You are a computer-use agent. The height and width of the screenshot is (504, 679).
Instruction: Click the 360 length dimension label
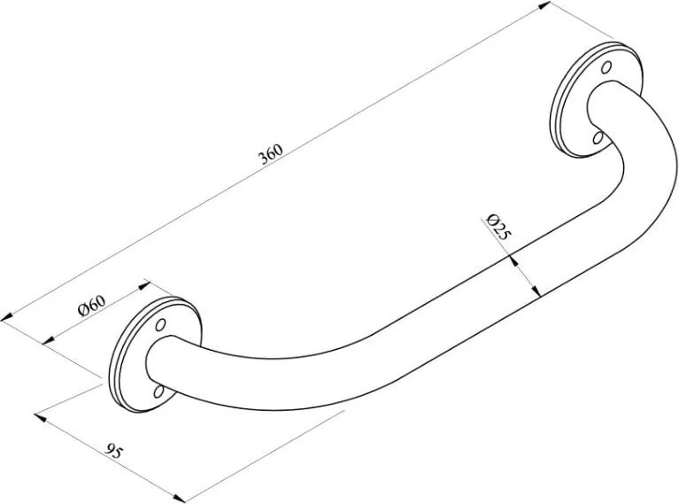click(271, 154)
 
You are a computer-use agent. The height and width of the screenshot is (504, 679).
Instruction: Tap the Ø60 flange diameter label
click(91, 306)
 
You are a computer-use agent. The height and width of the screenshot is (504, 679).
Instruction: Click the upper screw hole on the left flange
click(160, 324)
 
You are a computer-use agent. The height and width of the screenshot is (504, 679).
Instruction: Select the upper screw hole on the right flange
click(607, 66)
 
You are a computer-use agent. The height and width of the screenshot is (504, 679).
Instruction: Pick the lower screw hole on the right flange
click(598, 137)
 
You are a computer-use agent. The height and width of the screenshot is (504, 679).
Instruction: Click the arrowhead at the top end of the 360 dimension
click(544, 6)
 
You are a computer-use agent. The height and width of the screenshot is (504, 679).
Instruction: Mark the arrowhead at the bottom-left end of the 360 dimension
click(7, 318)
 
